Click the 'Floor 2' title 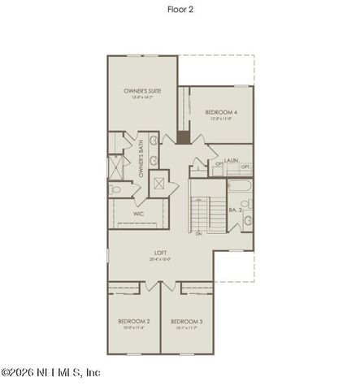point(179,10)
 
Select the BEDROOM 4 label point(220,112)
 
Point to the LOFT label point(163,253)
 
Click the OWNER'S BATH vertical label point(141,160)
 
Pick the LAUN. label point(232,160)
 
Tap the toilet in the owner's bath point(115,189)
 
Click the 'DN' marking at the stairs point(197,235)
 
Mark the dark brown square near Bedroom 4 point(184,136)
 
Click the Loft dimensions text point(163,261)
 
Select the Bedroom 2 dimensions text point(132,329)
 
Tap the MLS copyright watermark point(50,373)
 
